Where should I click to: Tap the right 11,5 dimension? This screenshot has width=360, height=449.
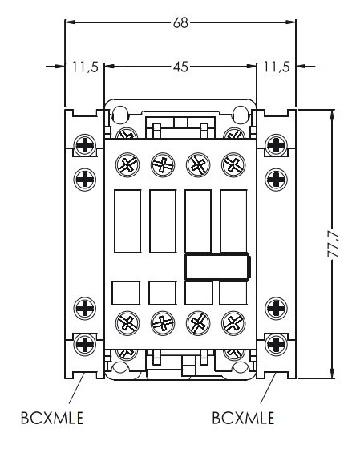point(274,67)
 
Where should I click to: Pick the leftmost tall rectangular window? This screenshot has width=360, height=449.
point(126,220)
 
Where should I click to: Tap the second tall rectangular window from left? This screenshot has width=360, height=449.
point(162,220)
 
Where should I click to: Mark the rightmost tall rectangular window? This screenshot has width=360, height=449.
point(233,220)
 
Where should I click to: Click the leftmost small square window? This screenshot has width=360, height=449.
point(126,293)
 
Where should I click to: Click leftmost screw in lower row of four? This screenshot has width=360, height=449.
point(126,324)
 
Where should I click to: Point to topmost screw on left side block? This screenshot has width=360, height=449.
point(83,145)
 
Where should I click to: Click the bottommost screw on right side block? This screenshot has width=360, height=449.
point(275,345)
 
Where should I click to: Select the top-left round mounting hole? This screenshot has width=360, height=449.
point(120,113)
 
